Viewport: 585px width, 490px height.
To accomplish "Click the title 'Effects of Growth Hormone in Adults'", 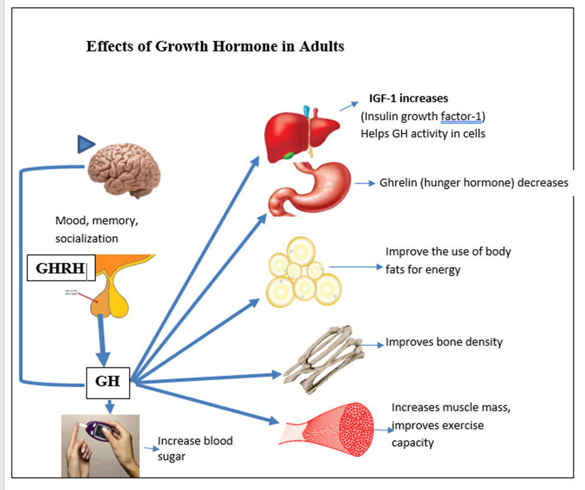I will [x=215, y=47].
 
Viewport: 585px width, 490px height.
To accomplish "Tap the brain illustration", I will [x=124, y=171].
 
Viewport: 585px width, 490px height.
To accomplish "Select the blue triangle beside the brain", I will [x=86, y=144].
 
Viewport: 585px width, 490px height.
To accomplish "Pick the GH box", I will [x=107, y=381].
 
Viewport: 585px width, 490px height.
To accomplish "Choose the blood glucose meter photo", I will [x=100, y=445].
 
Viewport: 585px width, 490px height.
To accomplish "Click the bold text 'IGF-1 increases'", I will [x=408, y=98].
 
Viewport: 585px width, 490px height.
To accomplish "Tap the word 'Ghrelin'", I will [x=399, y=182].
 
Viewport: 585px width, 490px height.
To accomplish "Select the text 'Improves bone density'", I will [x=444, y=342].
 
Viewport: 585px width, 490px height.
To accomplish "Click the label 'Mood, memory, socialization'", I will [x=99, y=230].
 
